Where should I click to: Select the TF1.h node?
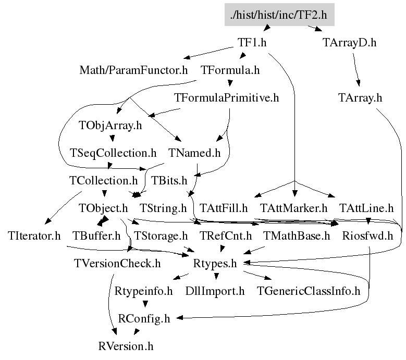point(252,43)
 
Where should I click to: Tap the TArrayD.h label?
point(349,43)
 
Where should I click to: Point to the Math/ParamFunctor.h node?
point(133,70)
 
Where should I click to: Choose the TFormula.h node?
point(230,70)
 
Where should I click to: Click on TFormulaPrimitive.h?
point(227,98)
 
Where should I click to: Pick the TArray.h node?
point(360,98)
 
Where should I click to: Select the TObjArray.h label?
point(110,126)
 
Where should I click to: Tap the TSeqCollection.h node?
point(113,153)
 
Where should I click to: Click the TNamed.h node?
point(195,153)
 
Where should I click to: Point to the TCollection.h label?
point(103,181)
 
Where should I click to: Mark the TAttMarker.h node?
point(293,208)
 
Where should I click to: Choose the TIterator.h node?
point(35,236)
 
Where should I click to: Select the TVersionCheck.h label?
point(117,264)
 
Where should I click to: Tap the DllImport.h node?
point(215,291)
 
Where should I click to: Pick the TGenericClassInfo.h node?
point(309,291)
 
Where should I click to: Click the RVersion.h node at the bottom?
point(126,346)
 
